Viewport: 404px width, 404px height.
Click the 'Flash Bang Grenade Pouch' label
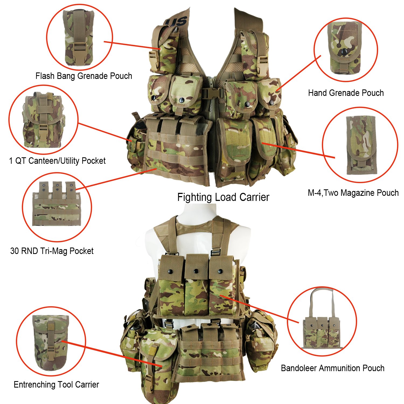click(x=84, y=76)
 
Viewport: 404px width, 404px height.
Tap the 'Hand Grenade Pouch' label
click(x=346, y=93)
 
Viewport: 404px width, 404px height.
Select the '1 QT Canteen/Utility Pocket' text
click(x=57, y=161)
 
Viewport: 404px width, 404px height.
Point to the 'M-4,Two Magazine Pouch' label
click(x=353, y=193)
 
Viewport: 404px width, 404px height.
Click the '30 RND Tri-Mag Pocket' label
click(x=52, y=251)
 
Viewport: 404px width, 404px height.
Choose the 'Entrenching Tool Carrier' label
click(x=56, y=385)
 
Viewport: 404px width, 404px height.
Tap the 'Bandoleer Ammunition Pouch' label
click(x=333, y=368)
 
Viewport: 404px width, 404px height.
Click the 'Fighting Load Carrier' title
click(x=223, y=197)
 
